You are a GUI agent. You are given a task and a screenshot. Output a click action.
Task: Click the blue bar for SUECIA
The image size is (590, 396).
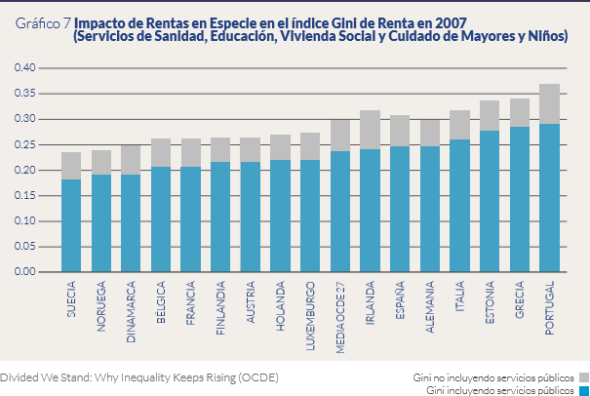pos(71,225)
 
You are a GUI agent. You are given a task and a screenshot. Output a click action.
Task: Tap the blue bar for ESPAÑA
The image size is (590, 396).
pos(400,209)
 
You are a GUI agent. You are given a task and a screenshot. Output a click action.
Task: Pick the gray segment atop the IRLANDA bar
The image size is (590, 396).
pos(370,130)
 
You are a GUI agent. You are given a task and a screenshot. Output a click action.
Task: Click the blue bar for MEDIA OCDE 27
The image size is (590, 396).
pos(340,212)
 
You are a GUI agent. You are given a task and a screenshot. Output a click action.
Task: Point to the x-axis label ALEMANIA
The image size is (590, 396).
pos(430,310)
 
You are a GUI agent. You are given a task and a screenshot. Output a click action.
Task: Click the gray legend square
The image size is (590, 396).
pos(583,376)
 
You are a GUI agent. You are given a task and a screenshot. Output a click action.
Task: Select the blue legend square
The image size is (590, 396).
pos(583,390)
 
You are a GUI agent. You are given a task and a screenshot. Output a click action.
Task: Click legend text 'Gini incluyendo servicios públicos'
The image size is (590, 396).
pos(500,390)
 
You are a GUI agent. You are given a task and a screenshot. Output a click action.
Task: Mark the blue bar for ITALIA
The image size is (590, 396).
pos(460,206)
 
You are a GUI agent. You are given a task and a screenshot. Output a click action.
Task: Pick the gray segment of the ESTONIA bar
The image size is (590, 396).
pos(490,115)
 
